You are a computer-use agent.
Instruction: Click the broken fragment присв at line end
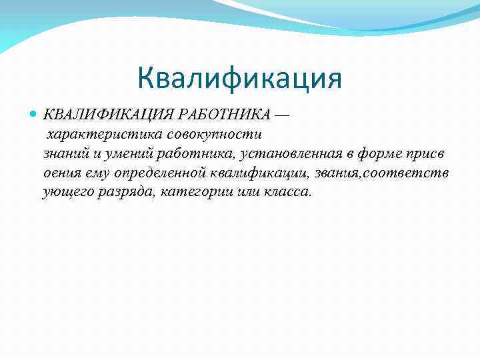(428, 154)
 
